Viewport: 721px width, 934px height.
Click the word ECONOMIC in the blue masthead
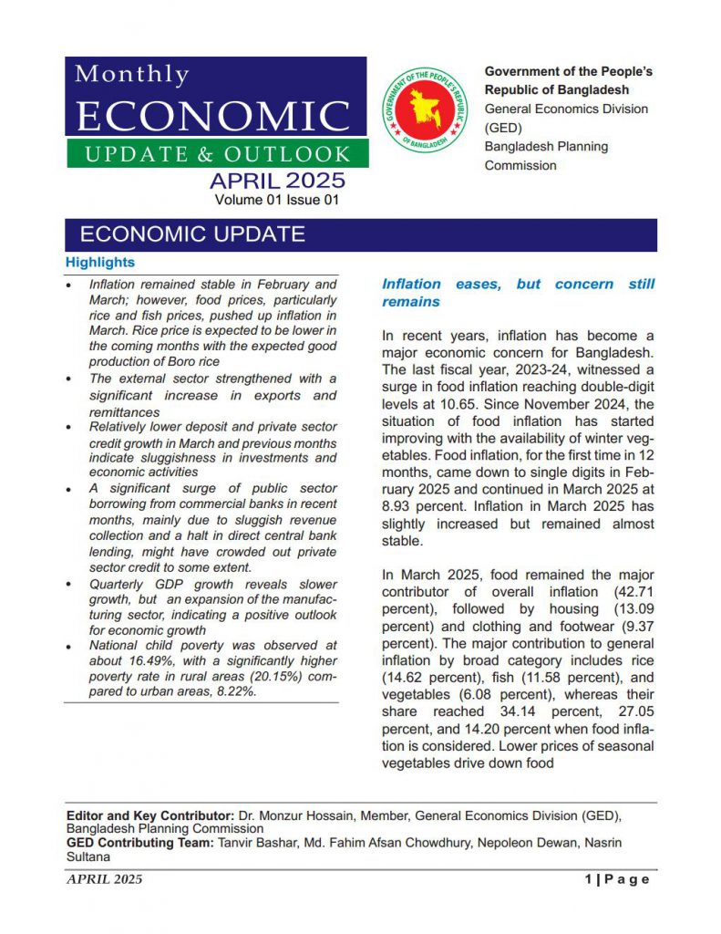click(x=215, y=116)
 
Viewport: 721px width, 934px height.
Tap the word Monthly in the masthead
click(x=132, y=75)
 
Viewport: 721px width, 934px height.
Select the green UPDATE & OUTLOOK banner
click(x=217, y=153)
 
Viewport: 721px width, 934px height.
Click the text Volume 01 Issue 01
click(x=277, y=199)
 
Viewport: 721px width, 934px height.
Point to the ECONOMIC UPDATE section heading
click(x=192, y=234)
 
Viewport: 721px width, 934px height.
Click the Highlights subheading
click(x=100, y=263)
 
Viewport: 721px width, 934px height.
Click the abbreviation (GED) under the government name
click(x=502, y=128)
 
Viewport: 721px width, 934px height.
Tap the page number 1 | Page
click(x=617, y=879)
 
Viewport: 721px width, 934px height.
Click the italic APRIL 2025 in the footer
click(x=104, y=879)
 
